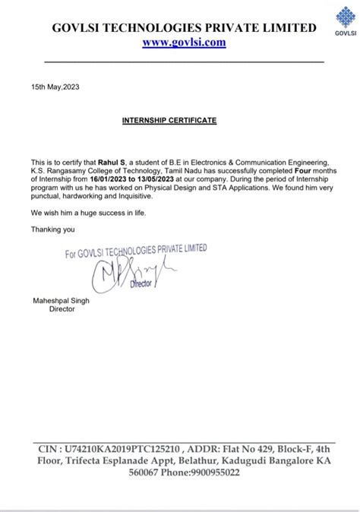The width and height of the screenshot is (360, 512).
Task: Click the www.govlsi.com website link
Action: point(184,43)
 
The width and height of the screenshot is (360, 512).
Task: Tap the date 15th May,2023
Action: point(55,87)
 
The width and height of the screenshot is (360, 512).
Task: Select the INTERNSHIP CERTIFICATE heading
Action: point(169,121)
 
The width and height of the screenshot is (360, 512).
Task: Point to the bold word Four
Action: point(305,171)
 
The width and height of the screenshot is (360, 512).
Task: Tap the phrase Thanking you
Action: point(52,229)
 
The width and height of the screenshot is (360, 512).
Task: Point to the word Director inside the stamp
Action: point(141,283)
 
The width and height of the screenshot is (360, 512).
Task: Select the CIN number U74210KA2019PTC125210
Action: point(122,450)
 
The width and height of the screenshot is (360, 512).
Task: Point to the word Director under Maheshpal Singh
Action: point(62,309)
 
